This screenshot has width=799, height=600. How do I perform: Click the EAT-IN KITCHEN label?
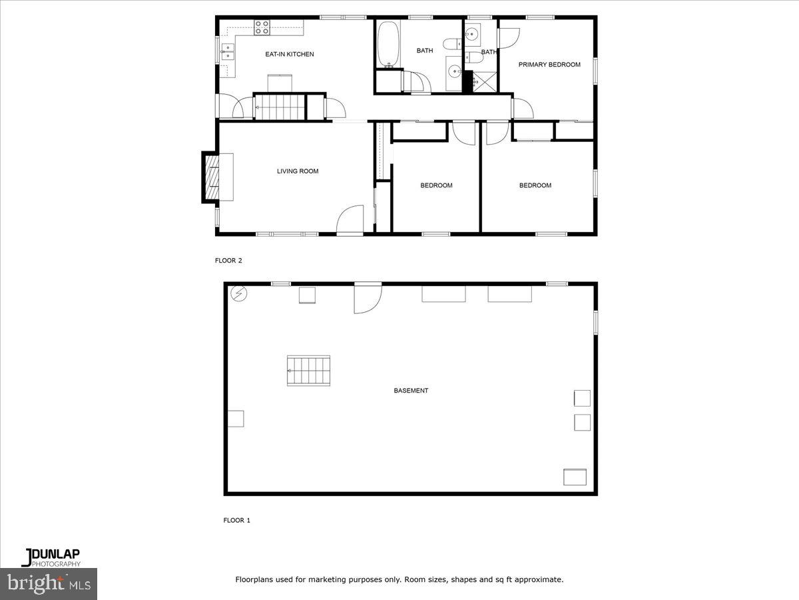tap(289, 54)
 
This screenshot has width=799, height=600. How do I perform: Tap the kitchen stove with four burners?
tap(262, 27)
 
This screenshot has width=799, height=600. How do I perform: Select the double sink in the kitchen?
tap(228, 51)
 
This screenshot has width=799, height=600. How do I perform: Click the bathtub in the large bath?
tap(388, 44)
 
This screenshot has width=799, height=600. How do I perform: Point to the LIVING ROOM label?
tap(298, 171)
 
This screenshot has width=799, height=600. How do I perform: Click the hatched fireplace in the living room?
tap(211, 177)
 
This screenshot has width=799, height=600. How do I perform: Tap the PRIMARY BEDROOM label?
tap(549, 65)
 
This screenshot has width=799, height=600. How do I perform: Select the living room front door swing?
tap(350, 221)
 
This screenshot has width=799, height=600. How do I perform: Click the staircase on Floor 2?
tap(280, 107)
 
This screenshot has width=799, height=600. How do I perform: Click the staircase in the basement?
tap(308, 371)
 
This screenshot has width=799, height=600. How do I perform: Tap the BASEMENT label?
tap(411, 391)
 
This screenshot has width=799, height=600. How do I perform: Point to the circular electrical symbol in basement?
tap(238, 293)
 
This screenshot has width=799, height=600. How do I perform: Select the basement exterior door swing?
tap(367, 298)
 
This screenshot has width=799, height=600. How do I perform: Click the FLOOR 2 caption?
tap(228, 261)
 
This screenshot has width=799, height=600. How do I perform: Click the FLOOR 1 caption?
tap(236, 520)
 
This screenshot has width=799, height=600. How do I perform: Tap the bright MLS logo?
tap(49, 583)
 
